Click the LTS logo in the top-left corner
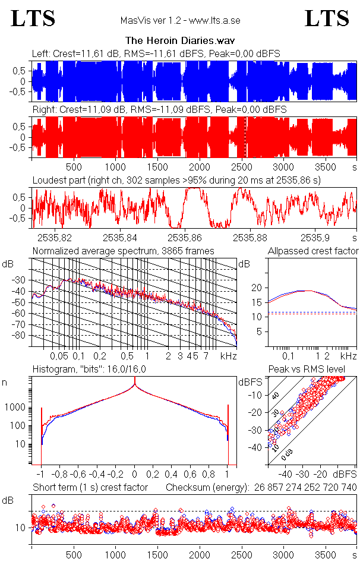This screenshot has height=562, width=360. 33,18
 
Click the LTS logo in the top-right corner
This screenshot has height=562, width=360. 327,18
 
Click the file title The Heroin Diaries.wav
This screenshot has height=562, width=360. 180,41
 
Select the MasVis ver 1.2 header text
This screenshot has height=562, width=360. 180,21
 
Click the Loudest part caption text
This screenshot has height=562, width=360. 176,179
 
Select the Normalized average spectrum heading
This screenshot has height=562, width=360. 123,251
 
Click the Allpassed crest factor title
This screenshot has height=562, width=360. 313,251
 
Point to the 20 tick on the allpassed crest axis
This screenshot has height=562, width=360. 257,288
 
